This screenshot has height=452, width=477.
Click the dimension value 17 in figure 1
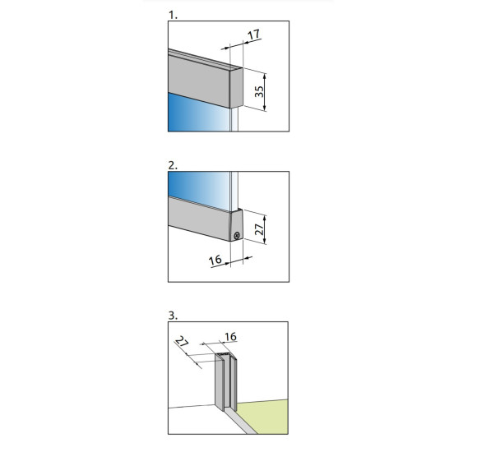coord(254,35)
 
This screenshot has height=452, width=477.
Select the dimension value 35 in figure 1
coord(259,91)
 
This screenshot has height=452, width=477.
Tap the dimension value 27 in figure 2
coord(259,229)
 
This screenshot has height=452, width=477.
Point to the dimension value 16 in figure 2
coord(215,260)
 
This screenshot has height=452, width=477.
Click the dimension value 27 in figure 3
coord(182,342)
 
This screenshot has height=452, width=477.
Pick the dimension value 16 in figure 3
coord(230,337)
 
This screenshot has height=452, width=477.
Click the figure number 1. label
coord(173,15)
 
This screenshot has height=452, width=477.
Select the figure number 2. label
coord(173,166)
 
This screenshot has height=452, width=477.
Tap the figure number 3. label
coord(173,316)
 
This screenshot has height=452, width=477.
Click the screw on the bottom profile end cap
coord(237,235)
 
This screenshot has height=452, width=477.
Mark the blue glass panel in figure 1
coord(198,112)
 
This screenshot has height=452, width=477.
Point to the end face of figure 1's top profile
coord(236,88)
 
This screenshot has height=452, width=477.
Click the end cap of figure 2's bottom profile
coord(236,225)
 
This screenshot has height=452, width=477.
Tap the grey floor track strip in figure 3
coord(239,422)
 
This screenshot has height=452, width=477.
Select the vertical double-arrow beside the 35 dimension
coord(265,92)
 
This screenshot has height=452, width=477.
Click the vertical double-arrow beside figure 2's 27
coord(265,229)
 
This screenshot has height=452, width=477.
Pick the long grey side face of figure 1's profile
coord(199,80)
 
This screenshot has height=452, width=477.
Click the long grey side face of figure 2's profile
coord(199,219)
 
